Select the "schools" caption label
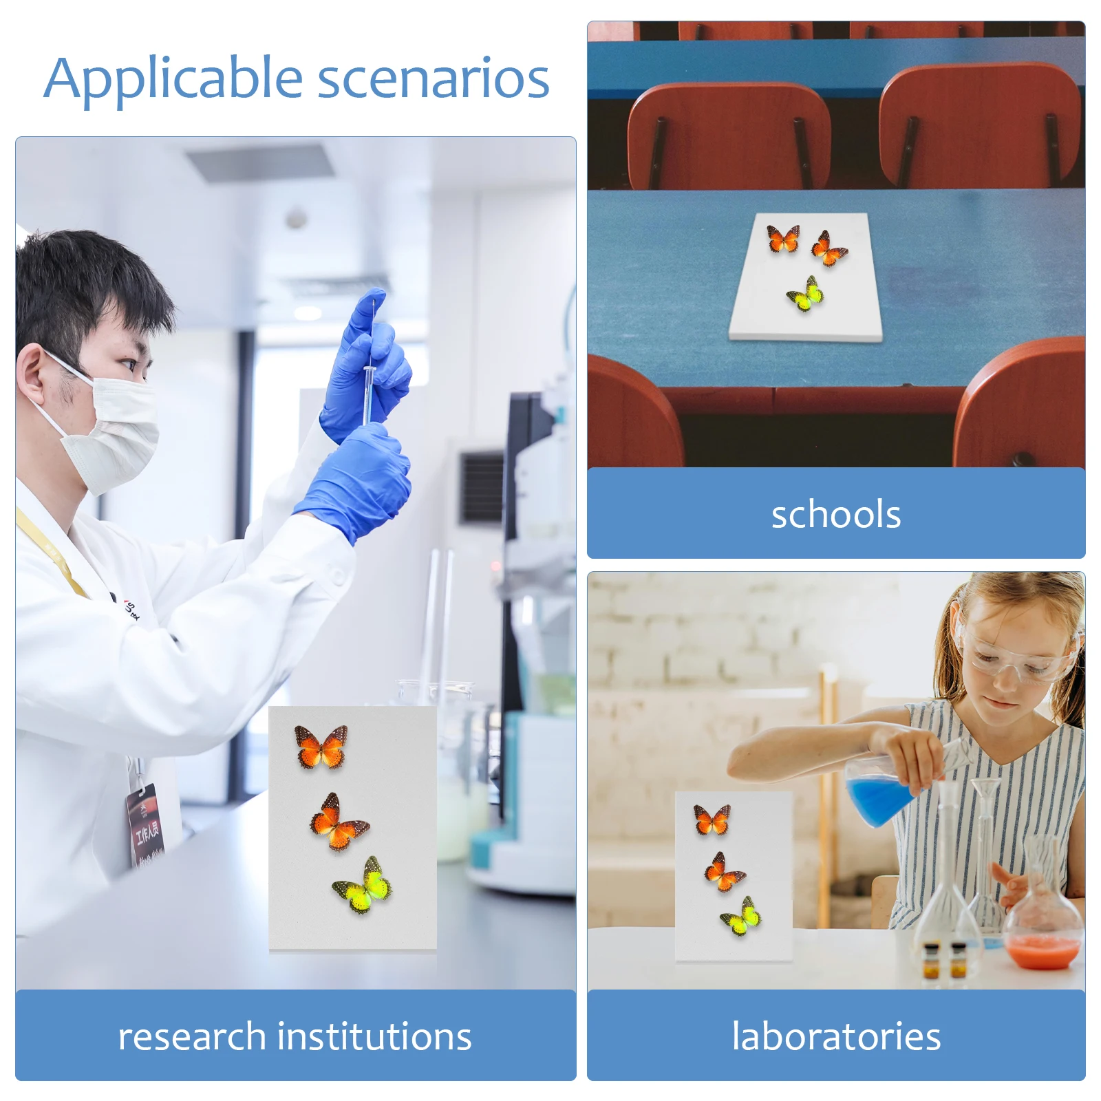click(x=836, y=514)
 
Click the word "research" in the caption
click(x=192, y=1037)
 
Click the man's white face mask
click(x=110, y=430)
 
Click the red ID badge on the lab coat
click(x=147, y=826)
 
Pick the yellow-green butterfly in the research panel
click(x=363, y=886)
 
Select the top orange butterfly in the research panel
click(x=321, y=747)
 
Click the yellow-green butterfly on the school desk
click(x=805, y=294)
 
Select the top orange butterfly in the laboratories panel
click(x=712, y=820)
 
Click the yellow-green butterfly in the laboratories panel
click(x=740, y=916)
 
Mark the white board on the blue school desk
click(x=806, y=277)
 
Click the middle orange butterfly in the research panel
click(x=338, y=822)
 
